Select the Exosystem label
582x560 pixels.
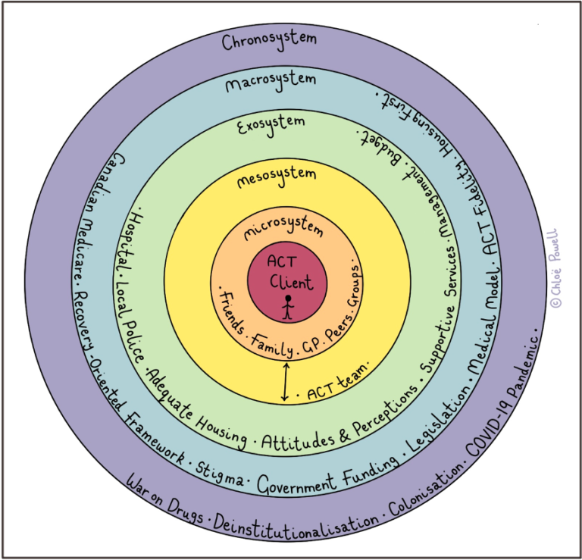pyautogui.click(x=272, y=124)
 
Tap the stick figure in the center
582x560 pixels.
pyautogui.click(x=288, y=307)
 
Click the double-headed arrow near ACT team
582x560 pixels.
pyautogui.click(x=285, y=381)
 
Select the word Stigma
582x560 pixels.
pyautogui.click(x=221, y=474)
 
